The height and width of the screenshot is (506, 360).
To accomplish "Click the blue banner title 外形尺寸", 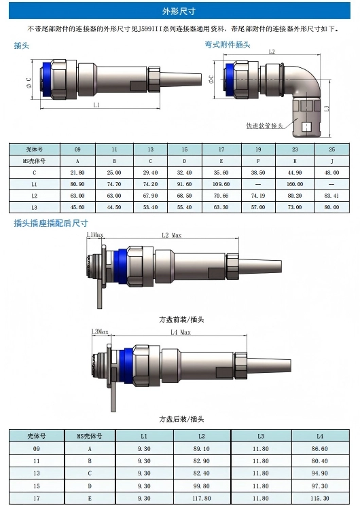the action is (179, 12).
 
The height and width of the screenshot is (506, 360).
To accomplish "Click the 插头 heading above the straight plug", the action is (21, 46).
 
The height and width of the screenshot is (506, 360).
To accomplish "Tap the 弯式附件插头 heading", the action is (228, 45).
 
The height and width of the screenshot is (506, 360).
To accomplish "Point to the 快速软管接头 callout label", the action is (264, 126).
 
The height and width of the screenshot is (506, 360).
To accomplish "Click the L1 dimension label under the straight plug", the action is (96, 105).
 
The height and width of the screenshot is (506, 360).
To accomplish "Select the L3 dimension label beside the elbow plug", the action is (327, 109).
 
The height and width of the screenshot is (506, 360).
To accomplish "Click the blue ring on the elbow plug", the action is (230, 79).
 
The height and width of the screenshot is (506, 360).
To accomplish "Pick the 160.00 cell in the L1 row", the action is (295, 184).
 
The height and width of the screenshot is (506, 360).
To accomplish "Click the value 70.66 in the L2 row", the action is (221, 196).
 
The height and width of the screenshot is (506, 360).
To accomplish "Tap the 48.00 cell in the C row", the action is (332, 173).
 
